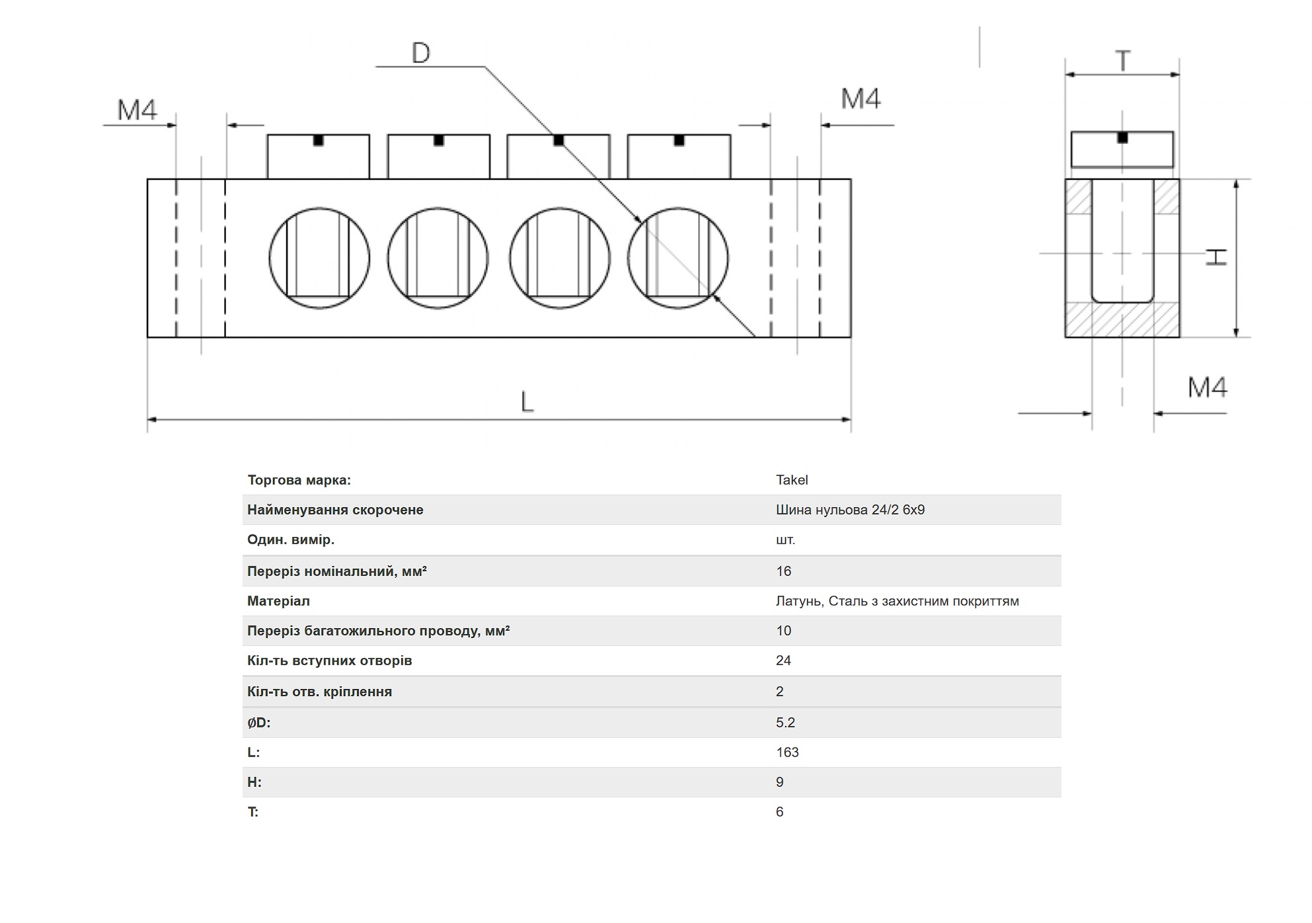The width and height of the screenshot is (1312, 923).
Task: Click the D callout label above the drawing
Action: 421,53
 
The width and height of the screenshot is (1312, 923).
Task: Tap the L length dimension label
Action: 527,401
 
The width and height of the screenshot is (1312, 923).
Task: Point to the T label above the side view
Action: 1123,61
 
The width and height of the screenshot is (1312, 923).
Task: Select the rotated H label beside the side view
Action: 1216,257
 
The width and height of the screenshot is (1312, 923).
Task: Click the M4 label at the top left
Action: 137,110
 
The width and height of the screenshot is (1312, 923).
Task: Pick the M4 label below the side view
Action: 1208,387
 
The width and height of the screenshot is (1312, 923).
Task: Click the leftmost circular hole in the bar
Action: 319,259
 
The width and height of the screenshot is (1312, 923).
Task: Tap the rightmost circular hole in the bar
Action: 678,259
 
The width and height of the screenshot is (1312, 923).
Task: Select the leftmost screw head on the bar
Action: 319,157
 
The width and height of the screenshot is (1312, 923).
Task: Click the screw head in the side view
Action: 1122,149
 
